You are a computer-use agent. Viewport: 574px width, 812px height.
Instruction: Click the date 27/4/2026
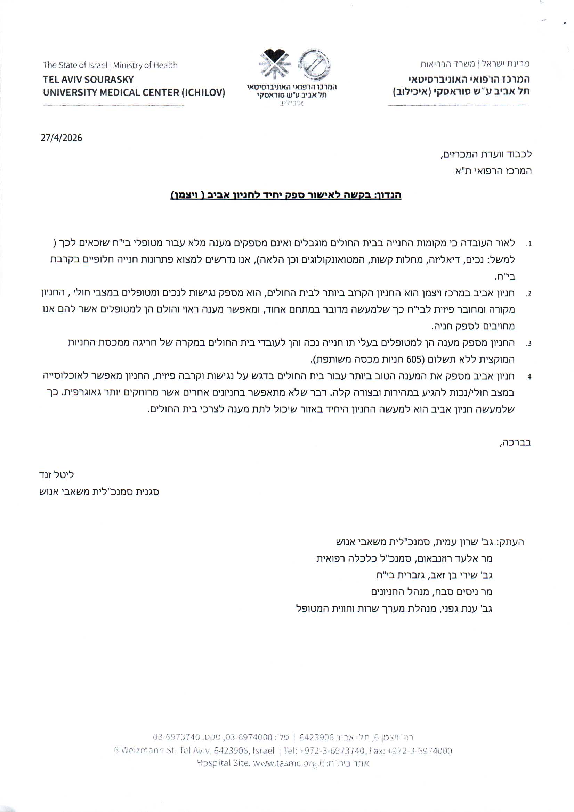61,138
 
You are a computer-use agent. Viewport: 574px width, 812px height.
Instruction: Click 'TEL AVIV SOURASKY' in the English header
88,79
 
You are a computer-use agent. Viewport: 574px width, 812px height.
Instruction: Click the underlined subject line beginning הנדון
286,195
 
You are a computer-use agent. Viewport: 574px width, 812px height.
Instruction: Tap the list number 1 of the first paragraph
529,244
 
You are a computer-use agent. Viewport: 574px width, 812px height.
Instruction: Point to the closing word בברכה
516,442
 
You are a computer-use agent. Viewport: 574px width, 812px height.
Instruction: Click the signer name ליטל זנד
57,475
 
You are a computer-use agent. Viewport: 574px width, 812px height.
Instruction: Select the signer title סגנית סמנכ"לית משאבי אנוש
99,491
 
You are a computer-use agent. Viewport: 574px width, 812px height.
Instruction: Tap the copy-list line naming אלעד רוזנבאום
404,559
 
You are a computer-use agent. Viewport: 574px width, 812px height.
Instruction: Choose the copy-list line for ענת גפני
394,608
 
